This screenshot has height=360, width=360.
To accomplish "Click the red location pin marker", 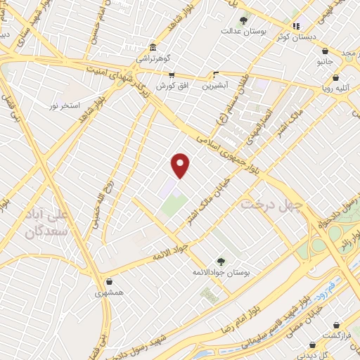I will [181, 166].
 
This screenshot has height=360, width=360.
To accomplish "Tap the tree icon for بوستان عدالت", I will [244, 20].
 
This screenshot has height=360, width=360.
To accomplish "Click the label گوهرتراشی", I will [152, 59].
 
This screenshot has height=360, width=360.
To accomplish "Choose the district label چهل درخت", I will [271, 205].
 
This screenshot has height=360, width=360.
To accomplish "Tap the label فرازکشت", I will [336, 337].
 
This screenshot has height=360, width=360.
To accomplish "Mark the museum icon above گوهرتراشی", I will [152, 47].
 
